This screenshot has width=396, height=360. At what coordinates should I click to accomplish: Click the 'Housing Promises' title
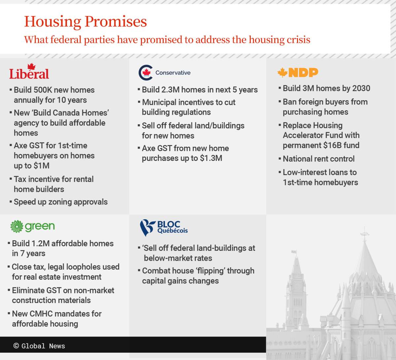[x=85, y=22]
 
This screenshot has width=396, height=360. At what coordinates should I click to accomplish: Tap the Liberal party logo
[x=29, y=72]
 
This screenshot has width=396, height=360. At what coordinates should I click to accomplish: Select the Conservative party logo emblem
[x=146, y=73]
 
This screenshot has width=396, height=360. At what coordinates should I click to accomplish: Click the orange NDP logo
[x=298, y=72]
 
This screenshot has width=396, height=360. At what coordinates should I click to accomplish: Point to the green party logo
[x=32, y=226]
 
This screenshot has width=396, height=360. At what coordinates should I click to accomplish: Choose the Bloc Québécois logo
[x=164, y=227]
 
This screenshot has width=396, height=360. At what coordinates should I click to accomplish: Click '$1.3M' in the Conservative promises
[x=211, y=158]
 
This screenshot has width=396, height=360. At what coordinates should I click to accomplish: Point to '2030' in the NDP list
[x=361, y=88]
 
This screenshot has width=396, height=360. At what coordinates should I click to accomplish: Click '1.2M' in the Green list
[x=41, y=244]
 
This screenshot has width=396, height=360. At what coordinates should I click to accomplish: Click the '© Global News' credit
[x=39, y=346]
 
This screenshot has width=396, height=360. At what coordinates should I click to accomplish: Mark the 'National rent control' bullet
[x=318, y=159]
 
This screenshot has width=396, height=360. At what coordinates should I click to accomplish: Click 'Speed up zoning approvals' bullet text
[x=61, y=202]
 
